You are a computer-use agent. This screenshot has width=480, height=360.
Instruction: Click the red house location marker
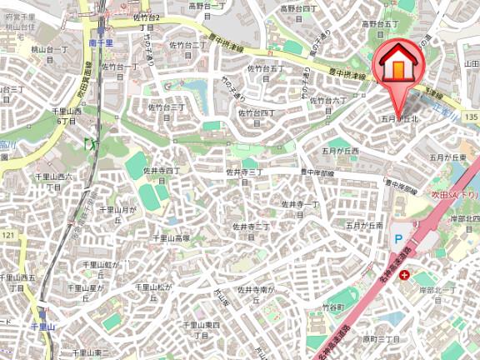pos(400,63)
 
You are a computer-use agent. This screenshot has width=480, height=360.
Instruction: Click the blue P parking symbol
pos(397,237)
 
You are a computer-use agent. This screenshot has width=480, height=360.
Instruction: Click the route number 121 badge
pos(7,237)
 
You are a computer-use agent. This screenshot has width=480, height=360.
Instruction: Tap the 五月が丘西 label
pos(340,151)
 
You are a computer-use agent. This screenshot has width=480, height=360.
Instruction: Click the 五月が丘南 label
pos(364,226)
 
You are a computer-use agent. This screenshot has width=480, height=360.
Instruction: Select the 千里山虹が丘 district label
pos(101,269)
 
